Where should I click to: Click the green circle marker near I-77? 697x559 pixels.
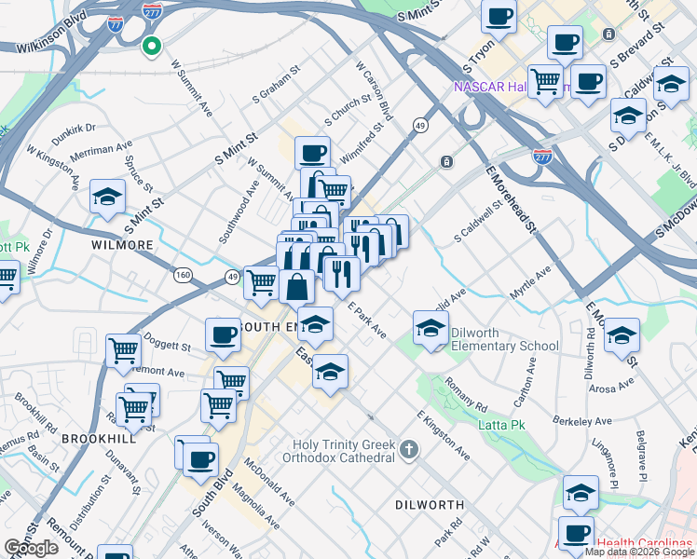tap(151, 45)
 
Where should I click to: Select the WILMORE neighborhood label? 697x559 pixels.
tap(122, 245)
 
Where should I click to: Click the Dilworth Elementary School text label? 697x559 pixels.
tap(504, 339)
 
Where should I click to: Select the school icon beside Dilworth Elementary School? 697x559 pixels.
tap(431, 328)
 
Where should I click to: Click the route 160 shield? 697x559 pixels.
tap(183, 275)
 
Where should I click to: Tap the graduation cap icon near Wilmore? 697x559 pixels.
tap(108, 197)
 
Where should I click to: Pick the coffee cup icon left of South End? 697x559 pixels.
tap(223, 335)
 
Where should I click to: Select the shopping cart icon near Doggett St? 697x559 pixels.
tap(124, 351)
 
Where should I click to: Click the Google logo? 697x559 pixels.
tap(31, 548)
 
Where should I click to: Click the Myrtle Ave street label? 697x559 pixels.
tap(530, 283)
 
